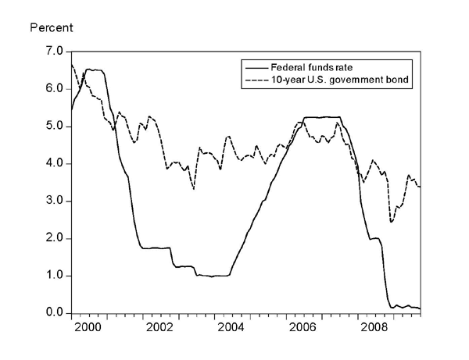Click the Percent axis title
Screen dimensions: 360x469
click(51, 28)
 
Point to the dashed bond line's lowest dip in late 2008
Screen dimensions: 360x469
click(391, 223)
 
